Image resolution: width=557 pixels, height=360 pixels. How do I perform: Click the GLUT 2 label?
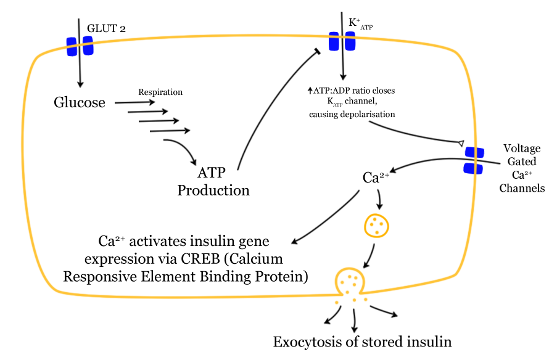click(x=106, y=29)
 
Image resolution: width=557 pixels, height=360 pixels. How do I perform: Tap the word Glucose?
click(x=80, y=102)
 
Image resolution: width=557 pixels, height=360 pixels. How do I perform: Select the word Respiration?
click(x=160, y=92)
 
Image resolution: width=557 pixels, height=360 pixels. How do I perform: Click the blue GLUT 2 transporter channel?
click(x=80, y=46)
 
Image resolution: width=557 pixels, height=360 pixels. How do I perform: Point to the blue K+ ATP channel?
click(x=342, y=41)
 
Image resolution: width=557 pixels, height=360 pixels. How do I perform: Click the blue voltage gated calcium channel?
click(x=474, y=160)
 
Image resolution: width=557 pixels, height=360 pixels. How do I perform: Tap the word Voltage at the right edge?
click(x=522, y=148)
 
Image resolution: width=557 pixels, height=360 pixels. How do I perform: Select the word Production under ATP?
click(x=213, y=190)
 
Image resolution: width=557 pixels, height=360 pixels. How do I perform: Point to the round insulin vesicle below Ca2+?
click(x=376, y=226)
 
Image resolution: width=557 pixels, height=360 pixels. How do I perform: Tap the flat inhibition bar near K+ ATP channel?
click(x=318, y=51)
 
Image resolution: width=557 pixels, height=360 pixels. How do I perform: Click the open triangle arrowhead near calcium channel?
click(x=461, y=144)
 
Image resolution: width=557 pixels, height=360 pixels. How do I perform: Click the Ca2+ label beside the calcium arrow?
click(x=376, y=178)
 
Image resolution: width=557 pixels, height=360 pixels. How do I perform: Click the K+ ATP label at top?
click(x=360, y=23)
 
